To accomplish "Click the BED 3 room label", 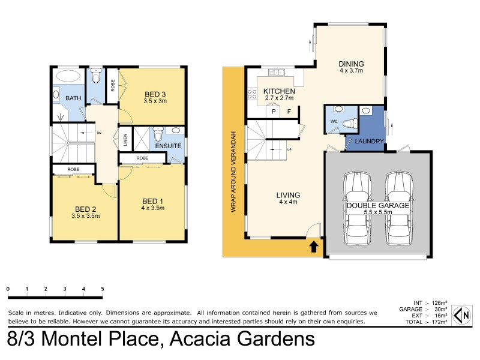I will tap(155, 94).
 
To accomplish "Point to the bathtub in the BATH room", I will tap(67, 77).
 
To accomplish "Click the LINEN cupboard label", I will tap(125, 139).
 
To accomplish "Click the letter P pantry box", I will tap(274, 112).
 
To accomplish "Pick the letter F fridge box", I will tap(289, 112).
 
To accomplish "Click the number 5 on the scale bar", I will tap(103, 289).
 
